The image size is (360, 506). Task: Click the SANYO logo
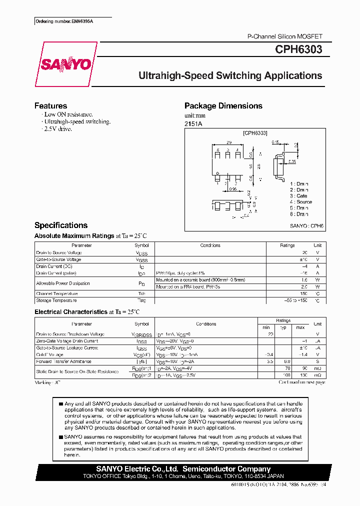[66, 64]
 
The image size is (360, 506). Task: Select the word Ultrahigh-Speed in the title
[175, 76]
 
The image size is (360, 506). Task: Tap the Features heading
[50, 106]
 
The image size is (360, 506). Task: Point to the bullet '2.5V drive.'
[58, 129]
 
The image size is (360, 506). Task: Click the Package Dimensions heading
[223, 106]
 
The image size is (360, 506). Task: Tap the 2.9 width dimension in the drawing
[228, 142]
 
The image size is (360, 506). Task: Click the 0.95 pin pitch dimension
[232, 189]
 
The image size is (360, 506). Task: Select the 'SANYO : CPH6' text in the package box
[306, 226]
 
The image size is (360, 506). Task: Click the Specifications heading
[61, 225]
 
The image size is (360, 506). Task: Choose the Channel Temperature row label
[57, 294]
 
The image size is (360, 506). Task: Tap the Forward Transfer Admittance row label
[63, 361]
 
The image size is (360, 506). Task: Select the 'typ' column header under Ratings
[283, 327]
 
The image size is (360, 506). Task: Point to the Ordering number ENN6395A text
[64, 21]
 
